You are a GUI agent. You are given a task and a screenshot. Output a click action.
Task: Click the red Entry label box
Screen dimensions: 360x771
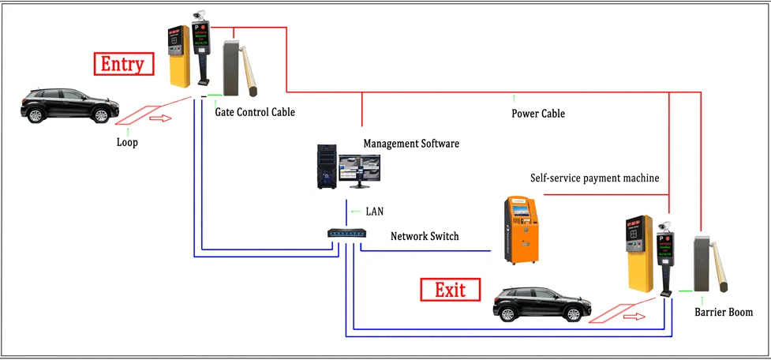pos(122,64)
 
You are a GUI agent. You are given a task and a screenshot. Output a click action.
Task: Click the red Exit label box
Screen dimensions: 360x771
pos(451,290)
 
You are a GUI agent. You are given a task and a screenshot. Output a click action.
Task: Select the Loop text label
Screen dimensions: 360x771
pos(127,143)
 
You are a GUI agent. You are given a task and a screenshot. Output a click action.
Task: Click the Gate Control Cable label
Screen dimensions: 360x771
pos(255,112)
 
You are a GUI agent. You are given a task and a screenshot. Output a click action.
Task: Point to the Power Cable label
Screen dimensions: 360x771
pos(538,114)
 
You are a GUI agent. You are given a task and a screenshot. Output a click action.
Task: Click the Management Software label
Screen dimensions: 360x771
pos(410,144)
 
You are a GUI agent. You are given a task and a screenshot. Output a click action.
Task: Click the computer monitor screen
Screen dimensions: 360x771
pos(359,167)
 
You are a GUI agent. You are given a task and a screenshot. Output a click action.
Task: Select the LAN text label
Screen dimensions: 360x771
pos(375,212)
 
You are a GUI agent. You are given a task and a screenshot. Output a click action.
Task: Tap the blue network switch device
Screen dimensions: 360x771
pos(346,233)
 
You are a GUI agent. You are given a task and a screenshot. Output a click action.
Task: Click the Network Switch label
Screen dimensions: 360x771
pos(425,236)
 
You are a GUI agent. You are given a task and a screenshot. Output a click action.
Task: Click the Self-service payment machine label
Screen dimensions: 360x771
pos(594,178)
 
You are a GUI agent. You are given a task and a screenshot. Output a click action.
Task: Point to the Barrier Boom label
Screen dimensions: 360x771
pos(723,313)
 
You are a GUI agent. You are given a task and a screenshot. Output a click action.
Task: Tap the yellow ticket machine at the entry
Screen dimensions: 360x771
pos(179,54)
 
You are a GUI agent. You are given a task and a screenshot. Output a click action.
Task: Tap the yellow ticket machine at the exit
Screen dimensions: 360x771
pos(638,252)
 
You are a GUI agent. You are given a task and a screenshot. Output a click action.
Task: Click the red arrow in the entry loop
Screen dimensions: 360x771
pos(159,119)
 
